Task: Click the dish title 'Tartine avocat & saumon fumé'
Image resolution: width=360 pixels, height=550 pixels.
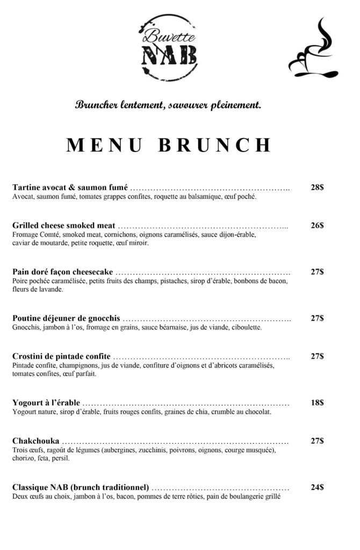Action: (70, 188)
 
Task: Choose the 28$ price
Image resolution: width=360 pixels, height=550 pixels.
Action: (317, 188)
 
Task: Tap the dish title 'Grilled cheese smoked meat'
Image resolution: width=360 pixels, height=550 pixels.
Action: (64, 226)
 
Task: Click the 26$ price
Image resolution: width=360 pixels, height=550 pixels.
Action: (317, 226)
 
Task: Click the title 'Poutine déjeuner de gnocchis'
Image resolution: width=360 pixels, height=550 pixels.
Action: (66, 318)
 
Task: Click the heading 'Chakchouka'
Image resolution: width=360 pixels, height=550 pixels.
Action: (35, 441)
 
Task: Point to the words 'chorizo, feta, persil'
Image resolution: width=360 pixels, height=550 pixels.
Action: (40, 459)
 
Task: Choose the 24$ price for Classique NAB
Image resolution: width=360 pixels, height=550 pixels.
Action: (317, 488)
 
